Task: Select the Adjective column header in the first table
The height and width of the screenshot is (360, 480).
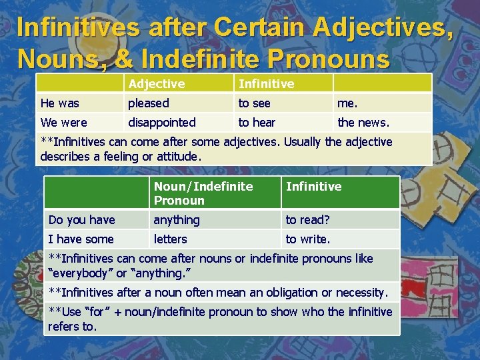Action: tap(157, 83)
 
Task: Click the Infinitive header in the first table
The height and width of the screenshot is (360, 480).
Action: tap(266, 83)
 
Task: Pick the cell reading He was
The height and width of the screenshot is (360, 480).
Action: tap(60, 103)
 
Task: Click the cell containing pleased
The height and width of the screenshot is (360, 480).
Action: tap(149, 103)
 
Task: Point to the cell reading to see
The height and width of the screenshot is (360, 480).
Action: tap(255, 103)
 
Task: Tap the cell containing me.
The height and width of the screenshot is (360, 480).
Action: tap(347, 103)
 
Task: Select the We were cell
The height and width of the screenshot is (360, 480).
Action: tap(64, 123)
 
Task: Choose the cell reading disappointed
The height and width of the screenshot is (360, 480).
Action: tap(162, 123)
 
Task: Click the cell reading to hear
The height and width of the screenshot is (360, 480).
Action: tap(257, 123)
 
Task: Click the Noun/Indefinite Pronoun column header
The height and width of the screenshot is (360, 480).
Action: tap(203, 193)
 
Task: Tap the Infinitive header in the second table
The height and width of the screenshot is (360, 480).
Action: tap(313, 187)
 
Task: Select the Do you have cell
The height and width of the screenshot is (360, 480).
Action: tap(82, 220)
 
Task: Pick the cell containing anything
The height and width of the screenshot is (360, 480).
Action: tap(177, 220)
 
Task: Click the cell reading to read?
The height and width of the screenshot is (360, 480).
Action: tap(308, 220)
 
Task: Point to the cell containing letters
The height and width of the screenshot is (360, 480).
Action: tap(171, 239)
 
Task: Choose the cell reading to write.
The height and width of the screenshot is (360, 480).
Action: tap(308, 239)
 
